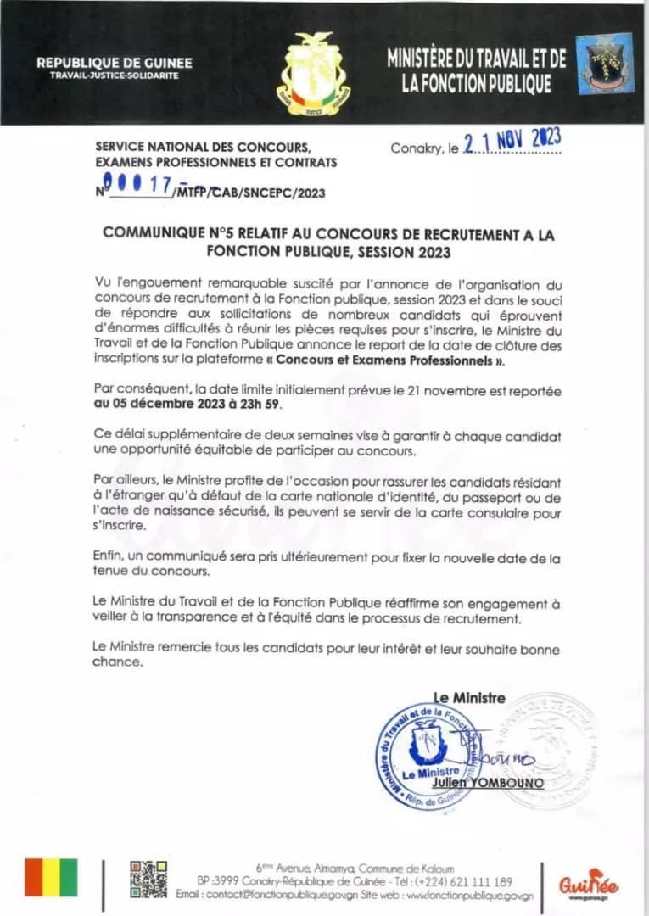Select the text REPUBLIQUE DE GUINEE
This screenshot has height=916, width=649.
click(115, 63)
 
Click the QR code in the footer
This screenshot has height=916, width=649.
click(148, 878)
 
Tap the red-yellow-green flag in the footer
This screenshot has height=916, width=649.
click(51, 877)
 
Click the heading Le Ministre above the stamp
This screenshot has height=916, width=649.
click(469, 698)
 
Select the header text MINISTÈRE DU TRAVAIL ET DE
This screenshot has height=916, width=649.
click(476, 59)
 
